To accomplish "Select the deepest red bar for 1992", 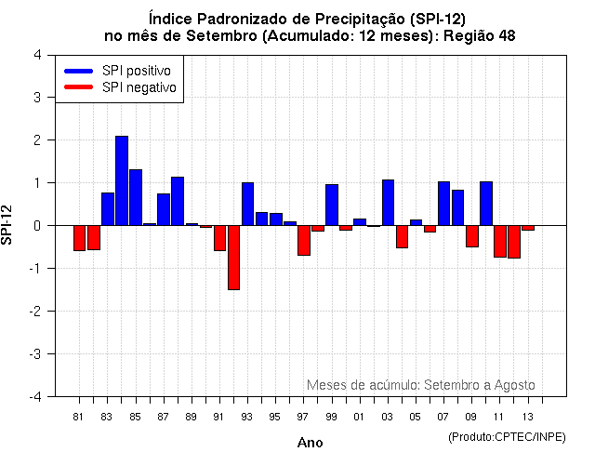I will [233, 258].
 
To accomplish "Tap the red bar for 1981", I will [79, 238].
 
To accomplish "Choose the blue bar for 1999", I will [332, 205].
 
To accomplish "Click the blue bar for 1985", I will [136, 197].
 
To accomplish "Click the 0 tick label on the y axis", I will [36, 225].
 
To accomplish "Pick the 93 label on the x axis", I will [246, 417].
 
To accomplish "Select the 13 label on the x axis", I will [528, 417].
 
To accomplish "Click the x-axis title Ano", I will [310, 443].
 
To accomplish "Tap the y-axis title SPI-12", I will [8, 225].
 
